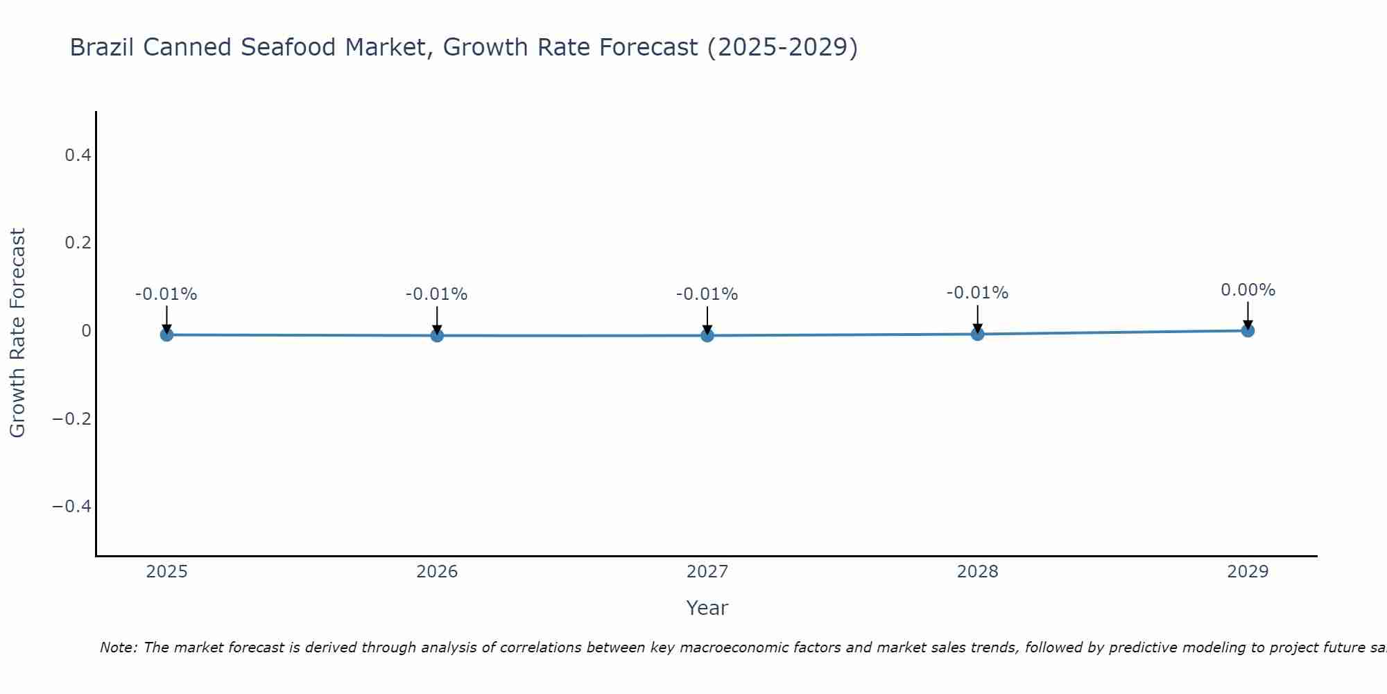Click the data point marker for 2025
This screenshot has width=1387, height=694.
(166, 335)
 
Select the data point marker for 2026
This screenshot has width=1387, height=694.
(437, 335)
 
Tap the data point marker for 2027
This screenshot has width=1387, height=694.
(707, 335)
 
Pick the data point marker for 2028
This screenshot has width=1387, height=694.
(978, 334)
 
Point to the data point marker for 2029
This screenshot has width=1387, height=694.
(1248, 330)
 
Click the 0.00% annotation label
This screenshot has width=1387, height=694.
(1248, 290)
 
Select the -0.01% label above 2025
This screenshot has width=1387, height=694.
(166, 294)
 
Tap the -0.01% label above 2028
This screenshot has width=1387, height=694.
(978, 293)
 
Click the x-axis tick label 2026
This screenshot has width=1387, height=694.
(437, 572)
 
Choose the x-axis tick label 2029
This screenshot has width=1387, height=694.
(1248, 572)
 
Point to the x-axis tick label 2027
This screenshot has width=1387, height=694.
(707, 572)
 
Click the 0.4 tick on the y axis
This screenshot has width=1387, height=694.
(78, 155)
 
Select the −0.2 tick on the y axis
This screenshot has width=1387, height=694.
(72, 418)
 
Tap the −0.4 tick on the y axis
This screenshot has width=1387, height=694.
(72, 506)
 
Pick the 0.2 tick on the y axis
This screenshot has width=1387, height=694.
(78, 243)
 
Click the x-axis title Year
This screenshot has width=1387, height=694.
(707, 608)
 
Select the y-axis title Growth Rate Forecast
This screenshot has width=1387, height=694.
(17, 332)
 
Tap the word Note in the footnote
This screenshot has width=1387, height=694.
(118, 648)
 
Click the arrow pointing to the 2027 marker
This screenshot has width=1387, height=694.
(707, 319)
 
